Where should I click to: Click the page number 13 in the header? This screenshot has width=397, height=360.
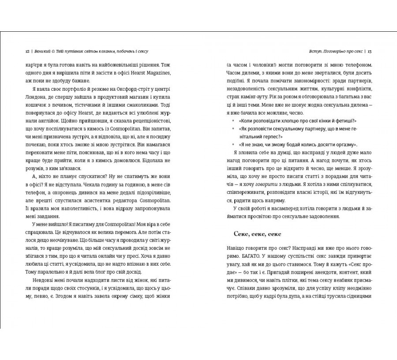tap(370, 51)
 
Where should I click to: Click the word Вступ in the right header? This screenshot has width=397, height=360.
tap(306, 51)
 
